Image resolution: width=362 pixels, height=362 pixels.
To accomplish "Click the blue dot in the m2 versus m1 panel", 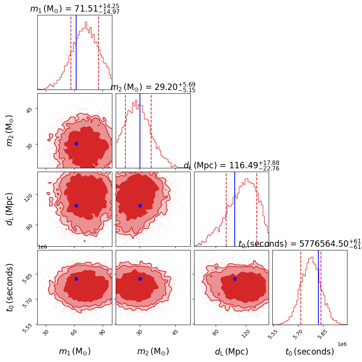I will coord(76,144).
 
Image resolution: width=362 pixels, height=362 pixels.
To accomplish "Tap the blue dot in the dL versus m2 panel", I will coord(140,206).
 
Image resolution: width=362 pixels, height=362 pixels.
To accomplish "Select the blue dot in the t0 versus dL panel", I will coord(235,279).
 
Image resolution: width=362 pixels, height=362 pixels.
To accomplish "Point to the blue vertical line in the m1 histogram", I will coord(76,52).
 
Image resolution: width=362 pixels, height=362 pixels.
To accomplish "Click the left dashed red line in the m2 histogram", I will coord(125,131).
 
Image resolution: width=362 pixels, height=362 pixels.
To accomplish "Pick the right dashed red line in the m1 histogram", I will coord(99,52).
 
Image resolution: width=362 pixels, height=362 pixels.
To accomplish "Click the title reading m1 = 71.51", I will coord(75,9).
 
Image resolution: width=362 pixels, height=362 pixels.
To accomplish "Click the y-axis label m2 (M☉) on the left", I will coord(10,130).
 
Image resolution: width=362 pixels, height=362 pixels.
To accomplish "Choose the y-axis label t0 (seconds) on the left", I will coord(10,287).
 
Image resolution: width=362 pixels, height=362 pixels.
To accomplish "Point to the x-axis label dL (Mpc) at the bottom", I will coord(231,352).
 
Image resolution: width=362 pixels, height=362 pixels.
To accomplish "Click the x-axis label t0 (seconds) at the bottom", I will coord(310,352).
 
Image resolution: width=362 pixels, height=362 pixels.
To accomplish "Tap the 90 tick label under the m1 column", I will coord(102,333).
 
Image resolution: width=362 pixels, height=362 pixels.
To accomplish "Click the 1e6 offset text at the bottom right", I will coord(341,344).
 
